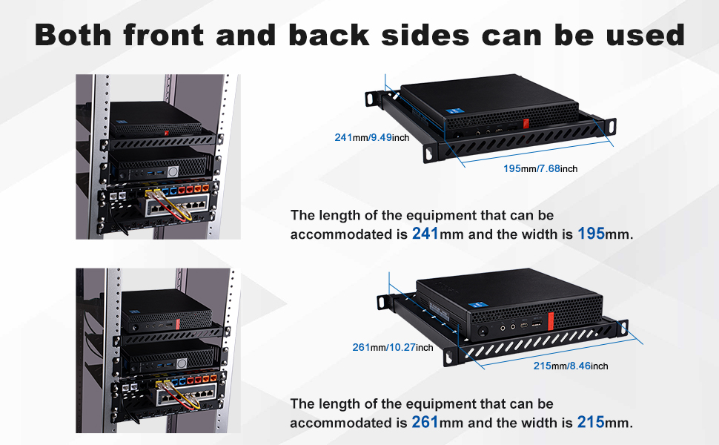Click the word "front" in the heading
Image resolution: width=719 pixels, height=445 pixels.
click(x=163, y=36)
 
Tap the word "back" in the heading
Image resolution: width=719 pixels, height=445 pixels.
click(x=329, y=36)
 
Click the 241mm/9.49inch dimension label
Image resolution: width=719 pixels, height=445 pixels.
click(x=372, y=138)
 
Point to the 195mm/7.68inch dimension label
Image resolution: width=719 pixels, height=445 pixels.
click(x=540, y=169)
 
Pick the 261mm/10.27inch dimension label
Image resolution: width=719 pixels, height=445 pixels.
click(x=393, y=348)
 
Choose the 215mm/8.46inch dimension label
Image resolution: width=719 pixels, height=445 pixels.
click(x=571, y=366)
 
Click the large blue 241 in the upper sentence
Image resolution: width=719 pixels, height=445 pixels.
click(x=425, y=234)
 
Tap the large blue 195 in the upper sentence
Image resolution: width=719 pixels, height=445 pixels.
click(x=591, y=234)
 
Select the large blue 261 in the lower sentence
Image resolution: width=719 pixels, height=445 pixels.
click(x=425, y=422)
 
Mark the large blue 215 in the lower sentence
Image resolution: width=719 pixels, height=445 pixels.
click(x=591, y=422)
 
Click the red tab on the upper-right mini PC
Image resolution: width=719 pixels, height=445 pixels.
click(x=526, y=123)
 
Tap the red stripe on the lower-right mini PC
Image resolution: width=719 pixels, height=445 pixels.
click(x=551, y=322)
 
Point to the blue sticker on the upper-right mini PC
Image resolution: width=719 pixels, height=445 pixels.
click(x=451, y=111)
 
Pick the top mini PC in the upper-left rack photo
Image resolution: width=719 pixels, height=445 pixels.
click(x=156, y=119)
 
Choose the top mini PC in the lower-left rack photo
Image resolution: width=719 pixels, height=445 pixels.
click(x=167, y=310)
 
